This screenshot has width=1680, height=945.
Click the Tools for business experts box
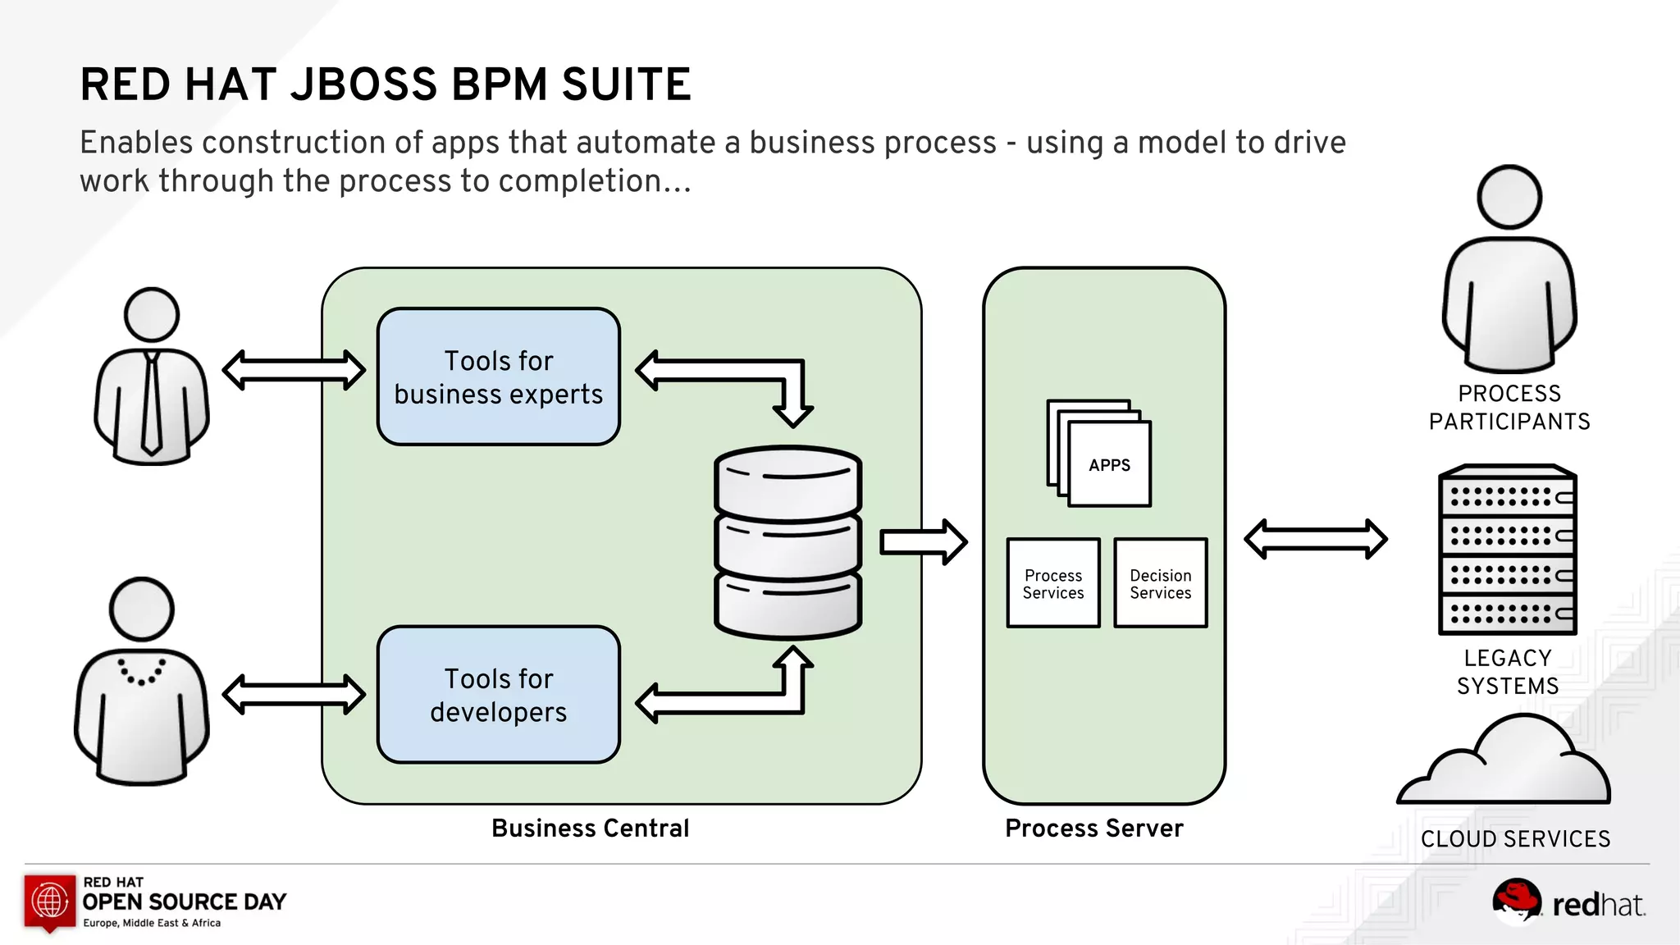click(498, 377)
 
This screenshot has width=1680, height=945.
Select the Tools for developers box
click(498, 695)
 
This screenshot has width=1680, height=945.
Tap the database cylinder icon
click(787, 541)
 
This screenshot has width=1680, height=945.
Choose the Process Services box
click(1053, 583)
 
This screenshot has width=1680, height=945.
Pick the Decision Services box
click(1160, 583)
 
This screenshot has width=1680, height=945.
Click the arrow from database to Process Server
click(923, 541)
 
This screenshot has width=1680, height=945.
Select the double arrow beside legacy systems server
click(1315, 539)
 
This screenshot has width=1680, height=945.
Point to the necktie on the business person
click(152, 402)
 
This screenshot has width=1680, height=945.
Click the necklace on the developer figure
click(142, 673)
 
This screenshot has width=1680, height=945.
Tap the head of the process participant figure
click(1509, 198)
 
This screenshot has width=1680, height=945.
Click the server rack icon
click(1508, 550)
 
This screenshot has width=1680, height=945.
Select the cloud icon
click(1505, 763)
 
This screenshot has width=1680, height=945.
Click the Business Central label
click(590, 829)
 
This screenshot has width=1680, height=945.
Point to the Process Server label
click(1094, 829)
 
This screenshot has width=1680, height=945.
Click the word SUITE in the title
click(626, 84)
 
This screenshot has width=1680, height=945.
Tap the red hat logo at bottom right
click(1516, 900)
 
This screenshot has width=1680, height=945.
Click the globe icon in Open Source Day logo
click(50, 901)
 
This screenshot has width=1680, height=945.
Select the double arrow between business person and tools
click(294, 370)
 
